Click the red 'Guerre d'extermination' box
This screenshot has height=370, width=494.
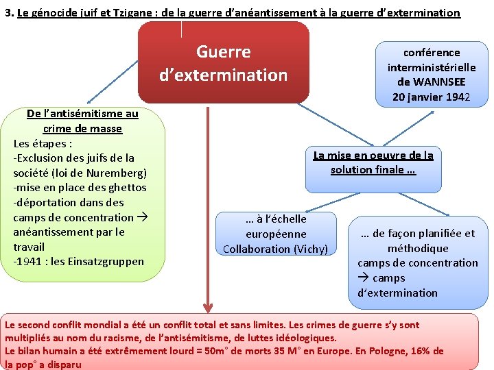pyautogui.click(x=223, y=63)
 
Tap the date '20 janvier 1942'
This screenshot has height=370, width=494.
pyautogui.click(x=431, y=97)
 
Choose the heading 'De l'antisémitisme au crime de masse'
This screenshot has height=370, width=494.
pyautogui.click(x=82, y=121)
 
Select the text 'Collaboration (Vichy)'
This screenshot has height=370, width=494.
pyautogui.click(x=276, y=249)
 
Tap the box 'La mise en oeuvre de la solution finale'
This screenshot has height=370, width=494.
pyautogui.click(x=373, y=163)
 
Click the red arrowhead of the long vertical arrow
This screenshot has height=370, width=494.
pyautogui.click(x=207, y=306)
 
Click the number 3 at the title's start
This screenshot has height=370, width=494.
pyautogui.click(x=8, y=13)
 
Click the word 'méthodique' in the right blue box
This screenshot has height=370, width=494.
pyautogui.click(x=418, y=248)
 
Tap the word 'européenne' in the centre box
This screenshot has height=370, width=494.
pyautogui.click(x=276, y=234)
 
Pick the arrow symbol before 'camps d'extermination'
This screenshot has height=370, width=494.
pyautogui.click(x=363, y=278)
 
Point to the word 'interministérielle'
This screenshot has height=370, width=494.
pyautogui.click(x=431, y=67)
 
